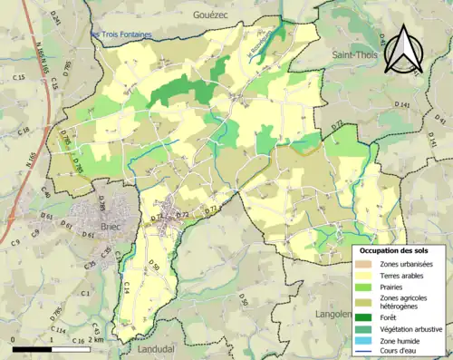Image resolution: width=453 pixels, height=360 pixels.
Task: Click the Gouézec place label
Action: [214, 15]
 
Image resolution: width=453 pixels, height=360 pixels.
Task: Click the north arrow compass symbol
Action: [404, 46]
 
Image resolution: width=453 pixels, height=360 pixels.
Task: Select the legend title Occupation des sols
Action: [395, 250]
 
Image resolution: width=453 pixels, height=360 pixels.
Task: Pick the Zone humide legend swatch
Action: [366, 340]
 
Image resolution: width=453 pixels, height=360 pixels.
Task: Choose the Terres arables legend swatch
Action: [366, 276]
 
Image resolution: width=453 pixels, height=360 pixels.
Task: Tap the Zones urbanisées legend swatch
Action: [366, 263]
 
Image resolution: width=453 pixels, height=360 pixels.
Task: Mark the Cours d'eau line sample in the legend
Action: [366, 353]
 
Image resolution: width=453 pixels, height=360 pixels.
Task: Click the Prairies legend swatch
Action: [366, 288]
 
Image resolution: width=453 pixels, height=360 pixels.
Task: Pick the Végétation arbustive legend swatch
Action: [366, 327]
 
